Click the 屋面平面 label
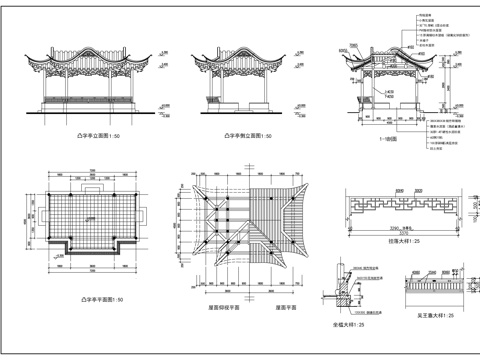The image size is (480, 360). click(x=282, y=310)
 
